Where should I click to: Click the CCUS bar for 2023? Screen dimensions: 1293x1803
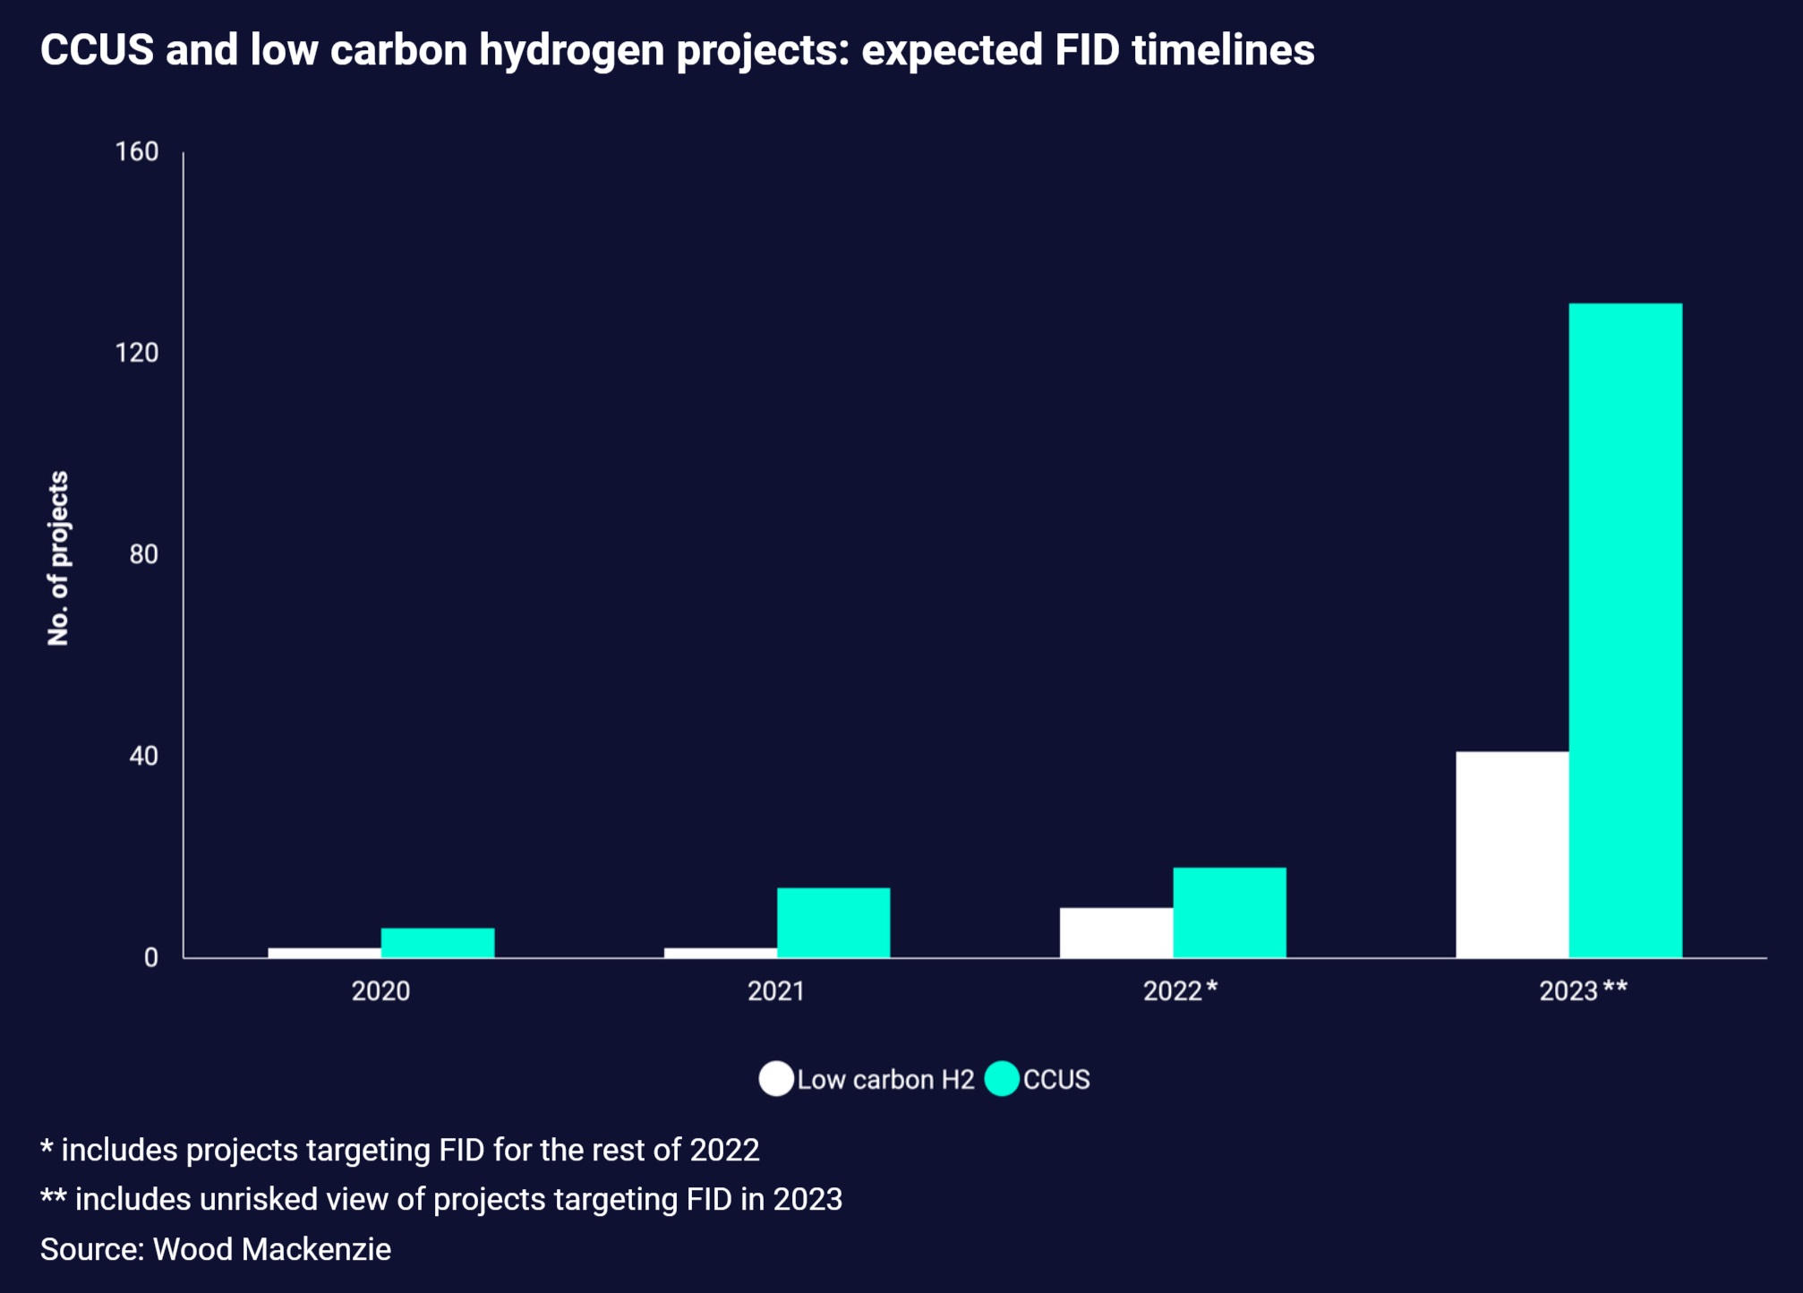[x=1625, y=630]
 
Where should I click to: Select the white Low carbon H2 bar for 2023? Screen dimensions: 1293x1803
[x=1512, y=854]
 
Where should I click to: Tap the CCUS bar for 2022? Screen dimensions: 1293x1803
[x=1229, y=912]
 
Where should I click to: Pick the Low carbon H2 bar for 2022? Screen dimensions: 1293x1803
[x=1116, y=933]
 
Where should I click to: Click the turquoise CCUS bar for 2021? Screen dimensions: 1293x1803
[x=833, y=922]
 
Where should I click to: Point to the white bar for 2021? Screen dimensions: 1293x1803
[x=721, y=953]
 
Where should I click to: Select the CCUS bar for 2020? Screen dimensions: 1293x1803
[x=438, y=943]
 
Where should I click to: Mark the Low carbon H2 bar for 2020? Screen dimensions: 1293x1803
[x=324, y=953]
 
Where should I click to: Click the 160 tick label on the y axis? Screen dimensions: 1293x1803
[x=137, y=151]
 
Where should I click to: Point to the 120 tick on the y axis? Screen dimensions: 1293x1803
[x=137, y=353]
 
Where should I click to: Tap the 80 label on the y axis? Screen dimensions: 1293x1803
[x=143, y=554]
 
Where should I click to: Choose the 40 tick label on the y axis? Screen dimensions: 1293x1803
[x=143, y=756]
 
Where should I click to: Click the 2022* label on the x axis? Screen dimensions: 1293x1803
[x=1180, y=990]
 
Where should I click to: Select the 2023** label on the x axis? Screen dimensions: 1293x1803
[x=1583, y=990]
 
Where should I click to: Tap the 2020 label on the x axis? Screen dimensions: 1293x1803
[x=380, y=990]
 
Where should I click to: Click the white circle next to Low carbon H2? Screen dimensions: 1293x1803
[x=776, y=1079]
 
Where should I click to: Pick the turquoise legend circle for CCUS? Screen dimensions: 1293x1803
[x=1002, y=1079]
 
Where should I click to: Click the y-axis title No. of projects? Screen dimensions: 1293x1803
[x=58, y=558]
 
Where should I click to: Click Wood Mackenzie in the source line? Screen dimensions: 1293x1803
[x=272, y=1249]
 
